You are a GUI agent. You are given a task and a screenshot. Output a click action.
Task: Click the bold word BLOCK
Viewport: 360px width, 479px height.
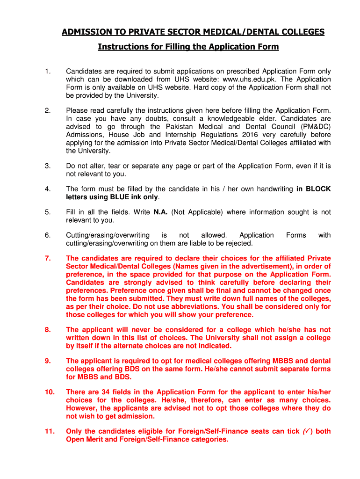click(318, 189)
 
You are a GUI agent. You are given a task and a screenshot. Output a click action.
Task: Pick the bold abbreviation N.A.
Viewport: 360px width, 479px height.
click(160, 212)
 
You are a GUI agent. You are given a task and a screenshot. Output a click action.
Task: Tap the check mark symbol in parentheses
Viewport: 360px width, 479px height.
click(307, 431)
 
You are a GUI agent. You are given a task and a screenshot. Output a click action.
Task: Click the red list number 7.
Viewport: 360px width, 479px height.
click(48, 258)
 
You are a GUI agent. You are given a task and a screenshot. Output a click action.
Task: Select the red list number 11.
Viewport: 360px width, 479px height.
click(49, 431)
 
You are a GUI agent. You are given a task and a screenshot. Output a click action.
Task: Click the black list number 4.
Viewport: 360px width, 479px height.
click(47, 189)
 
